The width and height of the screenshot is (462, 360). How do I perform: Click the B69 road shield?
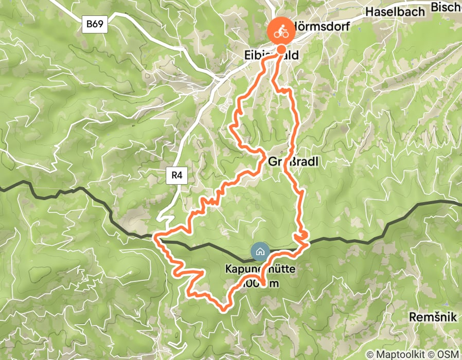[x=95, y=24]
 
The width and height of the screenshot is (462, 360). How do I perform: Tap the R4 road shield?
[x=176, y=175]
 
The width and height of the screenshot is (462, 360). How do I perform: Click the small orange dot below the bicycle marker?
[x=281, y=49]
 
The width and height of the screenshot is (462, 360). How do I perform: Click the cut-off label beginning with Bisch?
[x=446, y=7]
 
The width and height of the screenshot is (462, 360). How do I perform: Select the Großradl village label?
[x=294, y=162]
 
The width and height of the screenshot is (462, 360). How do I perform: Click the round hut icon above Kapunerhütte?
[x=259, y=251]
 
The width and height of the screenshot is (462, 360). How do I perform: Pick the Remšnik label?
[x=433, y=317]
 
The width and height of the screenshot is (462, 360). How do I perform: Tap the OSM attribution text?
[x=448, y=354]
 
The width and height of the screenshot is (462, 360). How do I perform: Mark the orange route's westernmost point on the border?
[x=156, y=238]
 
